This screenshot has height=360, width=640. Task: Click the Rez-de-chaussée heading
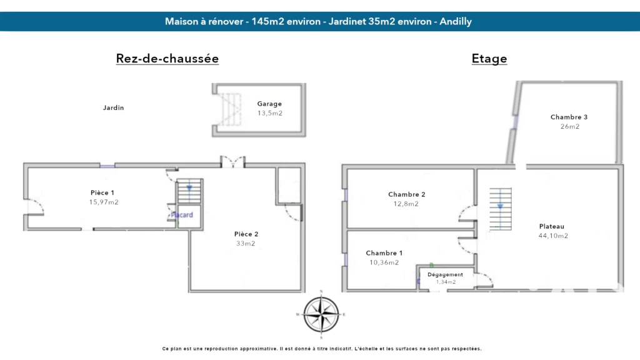pos(167,58)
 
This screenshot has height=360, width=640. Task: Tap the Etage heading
pos(489,58)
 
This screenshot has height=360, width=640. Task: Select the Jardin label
pos(114,107)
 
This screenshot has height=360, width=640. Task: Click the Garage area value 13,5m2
pos(270,113)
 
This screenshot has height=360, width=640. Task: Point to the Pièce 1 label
pos(102,192)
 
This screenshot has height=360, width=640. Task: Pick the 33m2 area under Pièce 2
pos(246,243)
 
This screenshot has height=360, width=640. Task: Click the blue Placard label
pos(182,215)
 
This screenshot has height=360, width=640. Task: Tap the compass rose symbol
pos(321,314)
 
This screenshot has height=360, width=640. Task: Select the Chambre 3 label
pos(569,117)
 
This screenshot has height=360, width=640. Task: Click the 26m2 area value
pos(570,126)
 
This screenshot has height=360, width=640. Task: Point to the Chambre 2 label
pos(406,194)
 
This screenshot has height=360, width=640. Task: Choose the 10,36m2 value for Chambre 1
pos(384,262)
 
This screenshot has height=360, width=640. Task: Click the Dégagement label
pos(445,275)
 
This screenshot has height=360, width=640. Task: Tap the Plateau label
pos(552,226)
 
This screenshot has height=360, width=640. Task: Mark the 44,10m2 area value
pos(554,236)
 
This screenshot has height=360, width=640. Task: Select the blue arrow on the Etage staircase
pos(501,206)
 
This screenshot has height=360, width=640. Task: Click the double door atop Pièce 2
pos(232,162)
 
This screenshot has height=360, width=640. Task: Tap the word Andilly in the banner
pos(456,22)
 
